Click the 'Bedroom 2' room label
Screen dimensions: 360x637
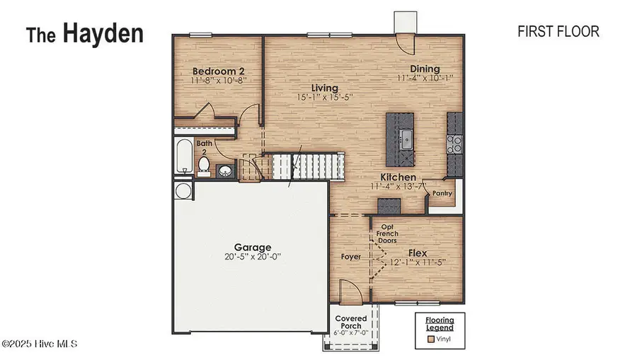219,71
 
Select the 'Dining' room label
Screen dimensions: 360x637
424,69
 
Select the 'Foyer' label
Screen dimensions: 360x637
351,257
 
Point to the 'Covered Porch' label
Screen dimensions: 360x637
350,323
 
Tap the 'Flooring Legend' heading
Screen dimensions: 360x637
440,324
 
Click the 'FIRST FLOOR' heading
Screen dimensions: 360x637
558,31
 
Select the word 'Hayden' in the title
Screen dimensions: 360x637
103,33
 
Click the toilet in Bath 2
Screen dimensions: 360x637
205,166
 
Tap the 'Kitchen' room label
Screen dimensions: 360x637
398,178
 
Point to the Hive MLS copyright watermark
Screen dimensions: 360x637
39,344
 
